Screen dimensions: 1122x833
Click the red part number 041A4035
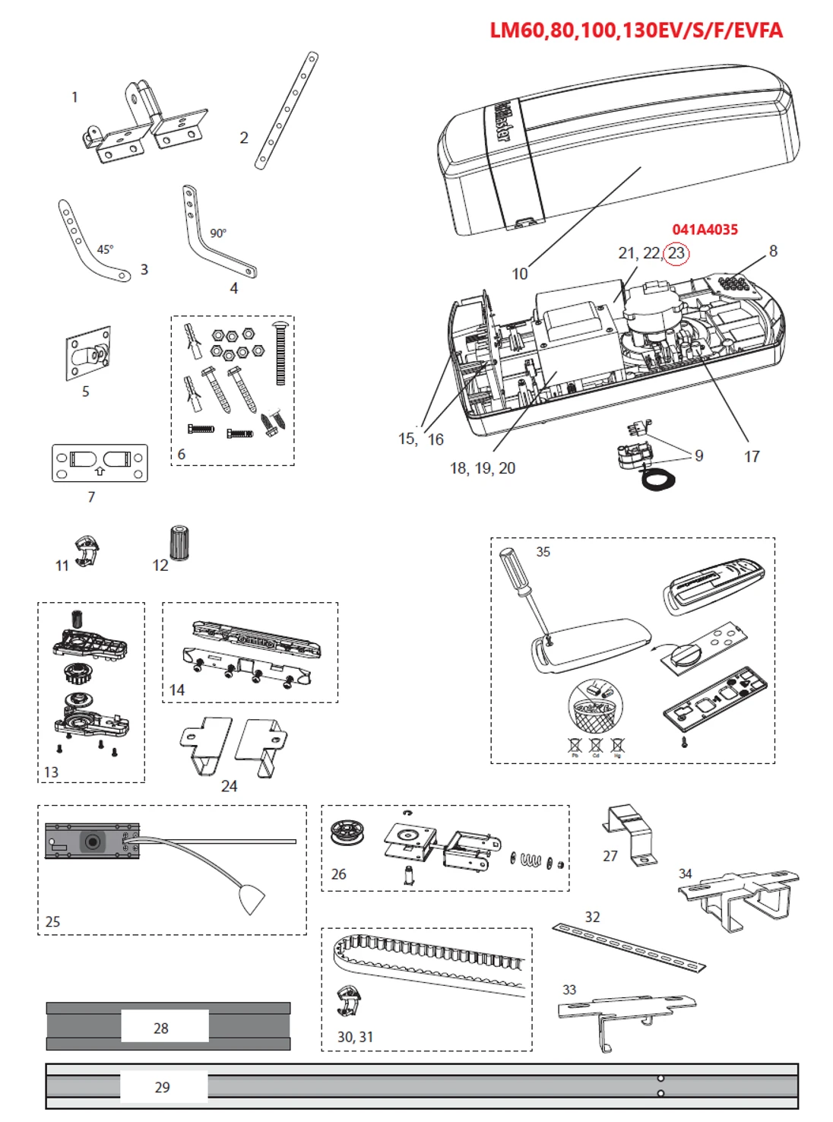point(705,230)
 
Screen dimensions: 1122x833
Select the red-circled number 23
point(676,253)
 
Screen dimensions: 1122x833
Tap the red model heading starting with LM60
point(635,30)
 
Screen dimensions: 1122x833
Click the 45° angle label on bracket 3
point(105,249)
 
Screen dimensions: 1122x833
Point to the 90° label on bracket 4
point(218,233)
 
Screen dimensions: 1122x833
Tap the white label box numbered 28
point(164,1027)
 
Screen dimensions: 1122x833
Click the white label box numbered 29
point(163,1086)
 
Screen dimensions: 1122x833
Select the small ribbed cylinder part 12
point(179,543)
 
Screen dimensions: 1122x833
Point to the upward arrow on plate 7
point(100,471)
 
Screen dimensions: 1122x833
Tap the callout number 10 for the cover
point(520,274)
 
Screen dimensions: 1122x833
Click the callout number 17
point(751,456)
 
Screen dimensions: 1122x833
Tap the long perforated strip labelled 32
point(628,947)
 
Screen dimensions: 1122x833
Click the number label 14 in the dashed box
point(177,689)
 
